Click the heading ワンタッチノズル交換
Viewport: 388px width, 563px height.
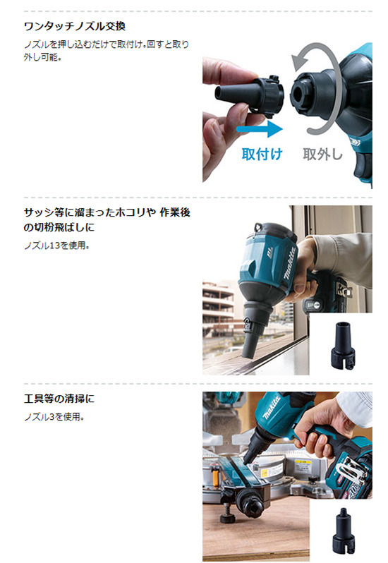tap(75, 27)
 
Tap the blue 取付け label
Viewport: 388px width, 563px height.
tap(262, 154)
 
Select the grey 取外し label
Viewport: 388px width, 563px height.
tap(322, 154)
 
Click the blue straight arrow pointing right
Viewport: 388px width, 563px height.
tap(260, 129)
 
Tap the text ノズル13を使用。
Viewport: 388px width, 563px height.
tap(56, 246)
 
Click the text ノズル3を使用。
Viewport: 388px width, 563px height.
tap(54, 417)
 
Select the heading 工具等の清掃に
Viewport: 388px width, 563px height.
tap(59, 399)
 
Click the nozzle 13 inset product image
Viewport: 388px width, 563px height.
tap(343, 345)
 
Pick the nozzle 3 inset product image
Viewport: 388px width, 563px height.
tap(344, 531)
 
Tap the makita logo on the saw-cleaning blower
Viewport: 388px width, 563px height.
tap(271, 408)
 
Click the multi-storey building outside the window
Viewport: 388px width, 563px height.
tap(217, 309)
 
